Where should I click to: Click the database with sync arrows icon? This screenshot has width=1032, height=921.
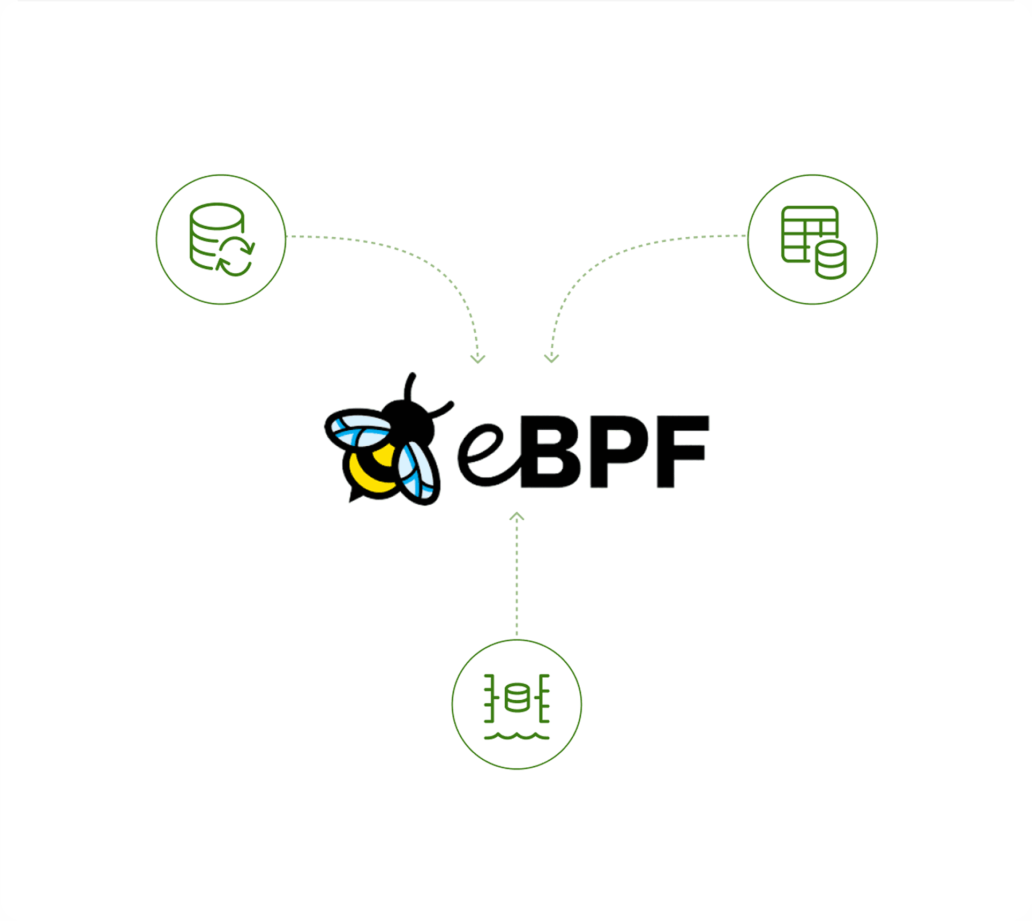[x=221, y=239]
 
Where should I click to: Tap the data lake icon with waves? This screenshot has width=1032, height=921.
[x=517, y=705]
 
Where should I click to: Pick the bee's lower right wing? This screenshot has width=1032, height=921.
[x=418, y=474]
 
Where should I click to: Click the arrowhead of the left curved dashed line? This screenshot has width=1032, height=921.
[x=477, y=359]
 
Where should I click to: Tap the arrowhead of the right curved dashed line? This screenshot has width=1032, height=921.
[x=551, y=359]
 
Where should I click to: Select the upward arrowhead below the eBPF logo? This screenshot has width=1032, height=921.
[x=517, y=516]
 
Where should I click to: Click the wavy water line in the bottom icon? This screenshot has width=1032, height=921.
[x=517, y=737]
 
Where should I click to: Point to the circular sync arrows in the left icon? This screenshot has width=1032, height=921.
[x=236, y=257]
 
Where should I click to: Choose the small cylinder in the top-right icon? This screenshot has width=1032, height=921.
[x=831, y=259]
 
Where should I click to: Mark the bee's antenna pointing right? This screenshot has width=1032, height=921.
[x=443, y=410]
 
